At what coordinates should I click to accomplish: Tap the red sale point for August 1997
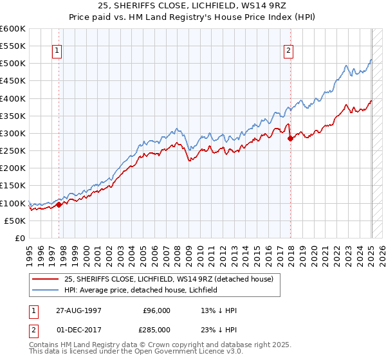coord(59,205)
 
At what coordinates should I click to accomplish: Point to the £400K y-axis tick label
coord(13,98)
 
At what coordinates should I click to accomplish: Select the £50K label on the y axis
coord(15,221)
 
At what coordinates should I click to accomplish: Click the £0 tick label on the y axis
coord(20,238)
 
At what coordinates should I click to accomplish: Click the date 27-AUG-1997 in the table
coord(80,310)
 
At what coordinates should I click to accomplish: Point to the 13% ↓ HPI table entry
coord(219,310)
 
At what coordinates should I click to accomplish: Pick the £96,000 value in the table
coord(156,310)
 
